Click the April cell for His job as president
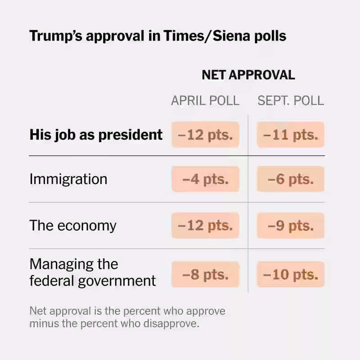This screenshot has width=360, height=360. click(x=205, y=135)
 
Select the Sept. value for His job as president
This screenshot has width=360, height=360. click(x=291, y=135)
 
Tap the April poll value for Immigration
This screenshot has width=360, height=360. click(x=205, y=179)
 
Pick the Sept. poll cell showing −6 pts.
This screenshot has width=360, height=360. click(x=291, y=179)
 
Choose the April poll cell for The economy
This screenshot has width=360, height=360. click(x=205, y=225)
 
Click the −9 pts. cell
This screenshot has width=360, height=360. click(x=291, y=225)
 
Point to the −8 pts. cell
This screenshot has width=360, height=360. click(x=205, y=274)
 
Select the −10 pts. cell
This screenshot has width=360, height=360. click(x=291, y=274)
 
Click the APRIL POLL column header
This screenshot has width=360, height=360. click(x=205, y=100)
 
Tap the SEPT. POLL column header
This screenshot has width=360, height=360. click(x=291, y=100)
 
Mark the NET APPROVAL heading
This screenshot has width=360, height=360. click(x=248, y=75)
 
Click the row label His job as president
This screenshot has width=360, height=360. click(x=96, y=135)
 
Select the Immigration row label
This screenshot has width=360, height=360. click(x=68, y=179)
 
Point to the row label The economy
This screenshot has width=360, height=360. click(x=73, y=225)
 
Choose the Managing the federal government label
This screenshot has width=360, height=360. click(x=92, y=272)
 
